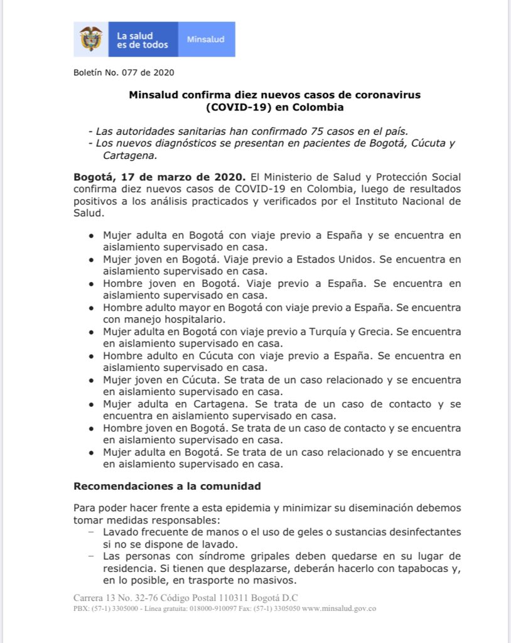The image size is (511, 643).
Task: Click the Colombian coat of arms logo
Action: pos(92,39)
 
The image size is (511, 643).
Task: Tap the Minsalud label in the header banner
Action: pos(205,40)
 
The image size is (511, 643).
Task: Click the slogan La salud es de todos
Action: pos(143,40)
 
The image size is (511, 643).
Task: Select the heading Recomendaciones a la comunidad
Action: pos(167,486)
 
